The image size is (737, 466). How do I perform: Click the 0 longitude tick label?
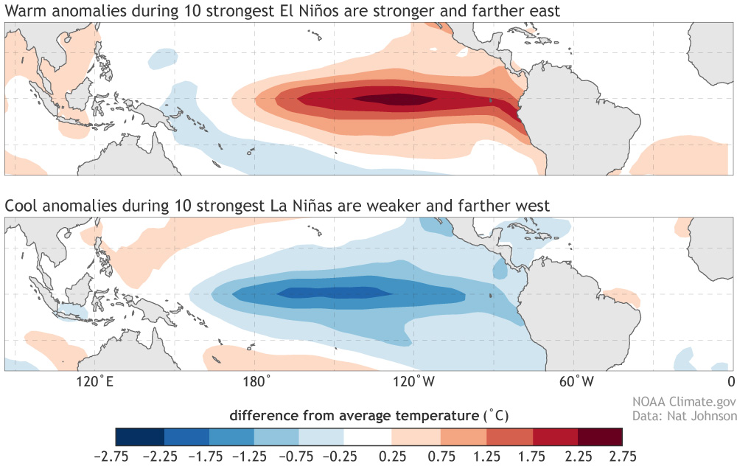730,381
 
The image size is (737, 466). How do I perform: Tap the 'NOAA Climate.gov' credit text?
684,402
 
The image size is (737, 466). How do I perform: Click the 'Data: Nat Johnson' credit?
684,416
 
